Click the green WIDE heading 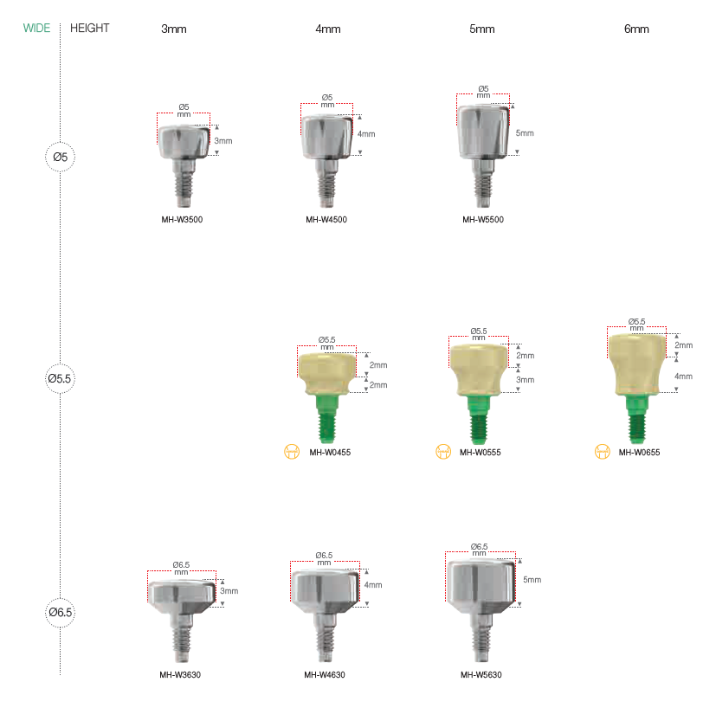[36, 29]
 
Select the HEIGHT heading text [89, 29]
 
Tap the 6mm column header [636, 29]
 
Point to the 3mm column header [173, 29]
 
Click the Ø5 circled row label [60, 157]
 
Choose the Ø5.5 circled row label [60, 378]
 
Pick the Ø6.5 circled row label [60, 612]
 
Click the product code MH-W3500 [182, 220]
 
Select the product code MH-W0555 [480, 453]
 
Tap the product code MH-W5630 [481, 674]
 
